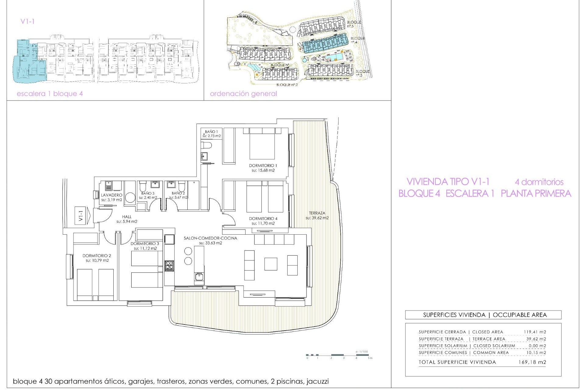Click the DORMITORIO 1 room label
(263, 166)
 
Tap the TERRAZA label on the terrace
(317, 213)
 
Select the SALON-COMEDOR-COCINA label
(210, 238)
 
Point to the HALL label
(127, 217)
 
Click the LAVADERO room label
(112, 195)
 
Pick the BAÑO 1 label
(211, 132)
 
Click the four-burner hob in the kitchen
(169, 266)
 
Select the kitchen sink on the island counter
(199, 277)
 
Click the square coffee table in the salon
(271, 264)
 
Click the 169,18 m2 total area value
(532, 362)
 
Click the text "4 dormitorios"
(539, 182)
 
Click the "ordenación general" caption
(243, 94)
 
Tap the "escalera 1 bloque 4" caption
(50, 94)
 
